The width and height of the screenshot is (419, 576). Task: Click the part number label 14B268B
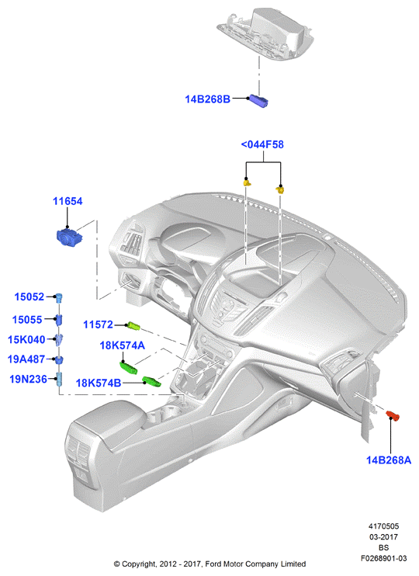207,99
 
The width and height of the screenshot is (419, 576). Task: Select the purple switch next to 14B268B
258,101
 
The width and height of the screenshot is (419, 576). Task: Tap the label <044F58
262,144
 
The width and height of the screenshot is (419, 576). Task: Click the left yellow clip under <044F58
247,182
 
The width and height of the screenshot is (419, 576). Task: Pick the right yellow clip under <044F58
280,189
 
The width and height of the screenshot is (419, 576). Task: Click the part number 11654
68,201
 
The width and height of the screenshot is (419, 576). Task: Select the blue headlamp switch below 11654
69,237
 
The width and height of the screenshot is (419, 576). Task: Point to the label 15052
29,297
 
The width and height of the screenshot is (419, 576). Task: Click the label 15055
27,319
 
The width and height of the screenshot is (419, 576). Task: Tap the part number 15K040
26,339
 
